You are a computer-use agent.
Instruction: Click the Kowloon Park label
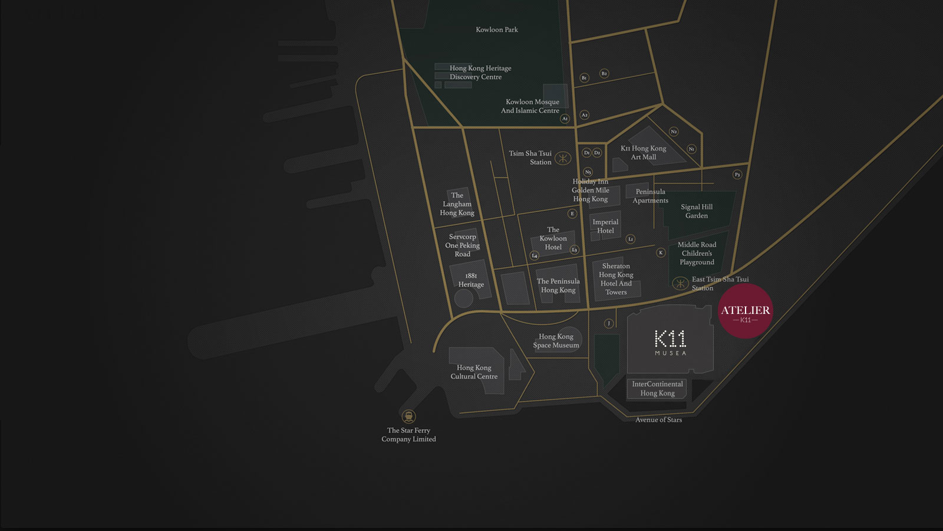pos(497,29)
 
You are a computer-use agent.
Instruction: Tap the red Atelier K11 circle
pos(745,311)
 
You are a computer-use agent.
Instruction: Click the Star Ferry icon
pos(408,417)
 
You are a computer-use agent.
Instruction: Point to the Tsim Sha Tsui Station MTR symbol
pos(563,158)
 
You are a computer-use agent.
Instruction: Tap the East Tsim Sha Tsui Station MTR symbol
pos(680,283)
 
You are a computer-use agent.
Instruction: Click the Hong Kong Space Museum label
pos(556,341)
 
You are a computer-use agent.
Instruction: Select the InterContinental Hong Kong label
pos(657,388)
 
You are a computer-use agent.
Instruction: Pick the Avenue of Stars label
pos(658,419)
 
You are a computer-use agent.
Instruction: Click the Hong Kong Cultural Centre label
pos(474,372)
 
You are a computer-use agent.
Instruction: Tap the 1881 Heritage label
pos(471,280)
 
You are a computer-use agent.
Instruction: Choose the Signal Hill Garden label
pos(697,211)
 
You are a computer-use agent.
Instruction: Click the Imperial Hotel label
pos(605,227)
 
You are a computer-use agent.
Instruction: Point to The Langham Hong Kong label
pos(457,204)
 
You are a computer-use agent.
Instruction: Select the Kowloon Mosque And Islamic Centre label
pos(530,106)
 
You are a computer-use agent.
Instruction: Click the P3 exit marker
pos(737,175)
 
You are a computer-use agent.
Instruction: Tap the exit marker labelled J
pos(609,323)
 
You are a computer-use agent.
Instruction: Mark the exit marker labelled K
pos(661,253)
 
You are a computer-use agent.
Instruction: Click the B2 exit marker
pos(604,73)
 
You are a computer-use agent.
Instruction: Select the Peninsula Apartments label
pos(650,196)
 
